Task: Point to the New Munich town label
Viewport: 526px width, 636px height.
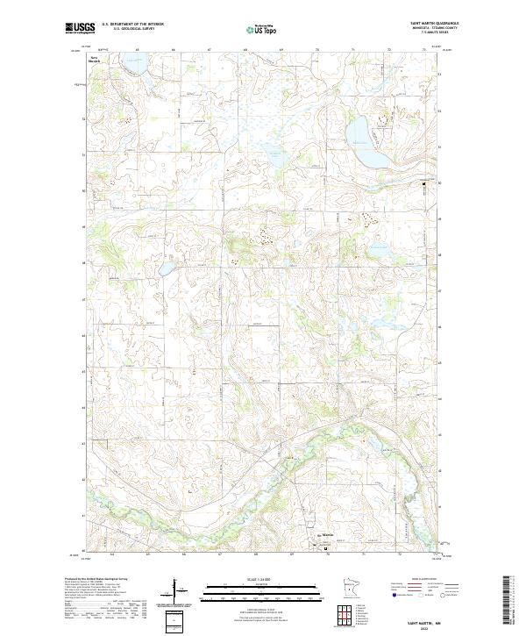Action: (x=93, y=60)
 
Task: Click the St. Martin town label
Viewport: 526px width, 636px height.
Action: (x=327, y=534)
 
